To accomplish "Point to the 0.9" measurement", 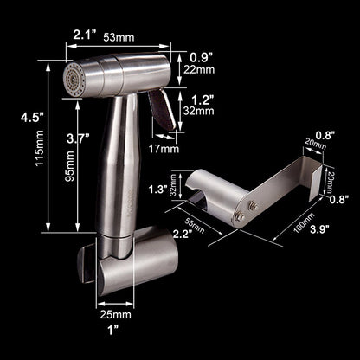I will tap(200, 58).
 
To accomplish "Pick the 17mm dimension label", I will tap(166, 148).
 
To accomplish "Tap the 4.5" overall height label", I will tap(18, 118).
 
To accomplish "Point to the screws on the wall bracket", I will tap(248, 209).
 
